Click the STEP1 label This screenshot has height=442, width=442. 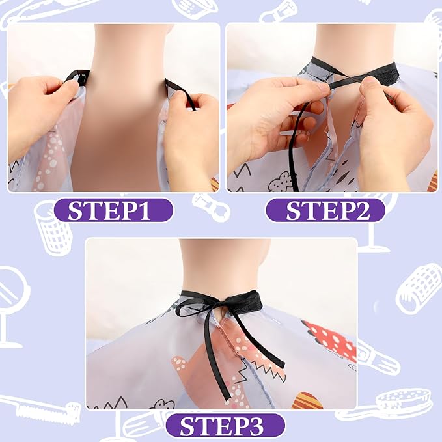pos(113,210)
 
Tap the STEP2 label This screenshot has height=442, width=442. pos(326,210)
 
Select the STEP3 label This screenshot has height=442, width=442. pos(225,425)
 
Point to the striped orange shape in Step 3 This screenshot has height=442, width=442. pos(307,401)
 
